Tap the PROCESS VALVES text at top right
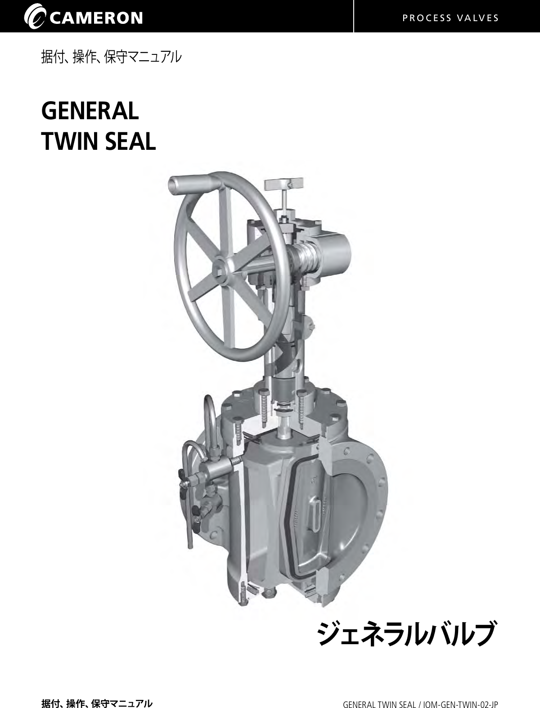pos(450,18)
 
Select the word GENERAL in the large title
pos(90,111)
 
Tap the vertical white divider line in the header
pos(354,16)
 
